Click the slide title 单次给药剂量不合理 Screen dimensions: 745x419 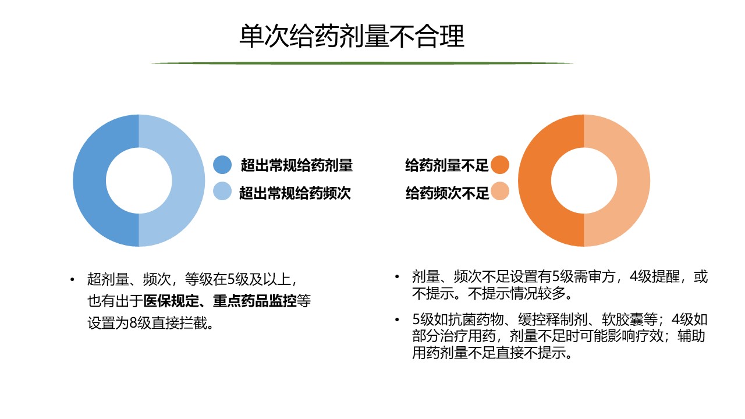point(352,36)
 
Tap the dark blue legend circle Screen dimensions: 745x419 point(222,165)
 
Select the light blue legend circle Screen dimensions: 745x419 point(222,191)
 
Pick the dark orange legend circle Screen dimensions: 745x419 point(500,165)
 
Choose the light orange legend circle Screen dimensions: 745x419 point(500,191)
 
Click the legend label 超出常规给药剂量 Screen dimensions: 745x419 point(297,165)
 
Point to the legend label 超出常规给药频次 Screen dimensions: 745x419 point(295,193)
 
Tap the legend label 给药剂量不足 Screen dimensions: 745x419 point(446,165)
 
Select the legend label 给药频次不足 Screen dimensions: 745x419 point(448,193)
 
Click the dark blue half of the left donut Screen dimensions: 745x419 point(89,180)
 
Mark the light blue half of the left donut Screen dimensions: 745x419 point(189,180)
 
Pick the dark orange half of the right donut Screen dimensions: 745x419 point(534,180)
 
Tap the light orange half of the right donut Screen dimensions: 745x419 point(634,180)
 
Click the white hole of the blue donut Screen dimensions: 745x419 point(139,180)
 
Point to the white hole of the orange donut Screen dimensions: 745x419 point(584,180)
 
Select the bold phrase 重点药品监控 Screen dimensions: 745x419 point(255,301)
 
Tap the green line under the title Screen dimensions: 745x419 point(362,63)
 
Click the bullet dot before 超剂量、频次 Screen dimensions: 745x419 point(72,279)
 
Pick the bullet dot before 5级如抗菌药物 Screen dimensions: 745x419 point(397,320)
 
